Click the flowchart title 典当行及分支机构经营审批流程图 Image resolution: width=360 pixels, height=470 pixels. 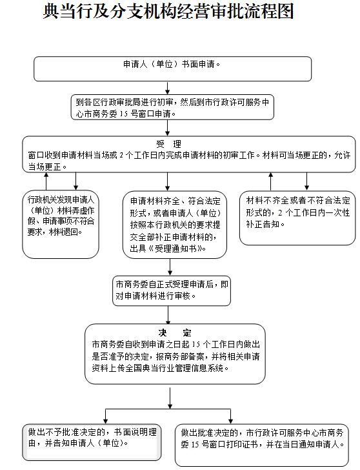(x=168, y=12)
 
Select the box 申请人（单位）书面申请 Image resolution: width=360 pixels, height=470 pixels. (x=172, y=69)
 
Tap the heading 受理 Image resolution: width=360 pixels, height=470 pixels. (x=169, y=144)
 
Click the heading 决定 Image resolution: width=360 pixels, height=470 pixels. (x=175, y=332)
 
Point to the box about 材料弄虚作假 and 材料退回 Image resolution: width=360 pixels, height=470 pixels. (x=61, y=224)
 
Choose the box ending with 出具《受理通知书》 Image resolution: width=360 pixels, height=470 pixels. (x=175, y=225)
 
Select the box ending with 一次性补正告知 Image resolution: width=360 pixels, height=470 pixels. (x=297, y=218)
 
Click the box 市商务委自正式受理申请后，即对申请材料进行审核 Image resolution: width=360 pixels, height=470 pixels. (x=172, y=291)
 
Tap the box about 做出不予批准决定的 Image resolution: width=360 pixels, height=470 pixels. (x=92, y=442)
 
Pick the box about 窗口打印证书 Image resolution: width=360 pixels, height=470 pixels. (x=262, y=445)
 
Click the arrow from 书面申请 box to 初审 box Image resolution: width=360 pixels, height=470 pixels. (x=168, y=88)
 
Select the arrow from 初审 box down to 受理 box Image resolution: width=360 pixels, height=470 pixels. (x=168, y=128)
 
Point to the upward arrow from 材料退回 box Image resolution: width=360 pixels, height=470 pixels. (x=46, y=181)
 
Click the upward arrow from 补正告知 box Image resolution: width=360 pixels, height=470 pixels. (x=271, y=181)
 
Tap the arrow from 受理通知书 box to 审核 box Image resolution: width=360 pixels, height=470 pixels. (x=170, y=267)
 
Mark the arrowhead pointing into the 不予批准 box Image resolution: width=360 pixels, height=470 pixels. (x=105, y=420)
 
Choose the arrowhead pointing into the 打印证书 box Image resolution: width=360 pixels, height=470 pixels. (x=230, y=420)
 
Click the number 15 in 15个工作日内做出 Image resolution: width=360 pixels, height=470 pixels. (x=196, y=344)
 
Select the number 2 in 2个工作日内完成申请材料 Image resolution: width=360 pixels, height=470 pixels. (x=121, y=155)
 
